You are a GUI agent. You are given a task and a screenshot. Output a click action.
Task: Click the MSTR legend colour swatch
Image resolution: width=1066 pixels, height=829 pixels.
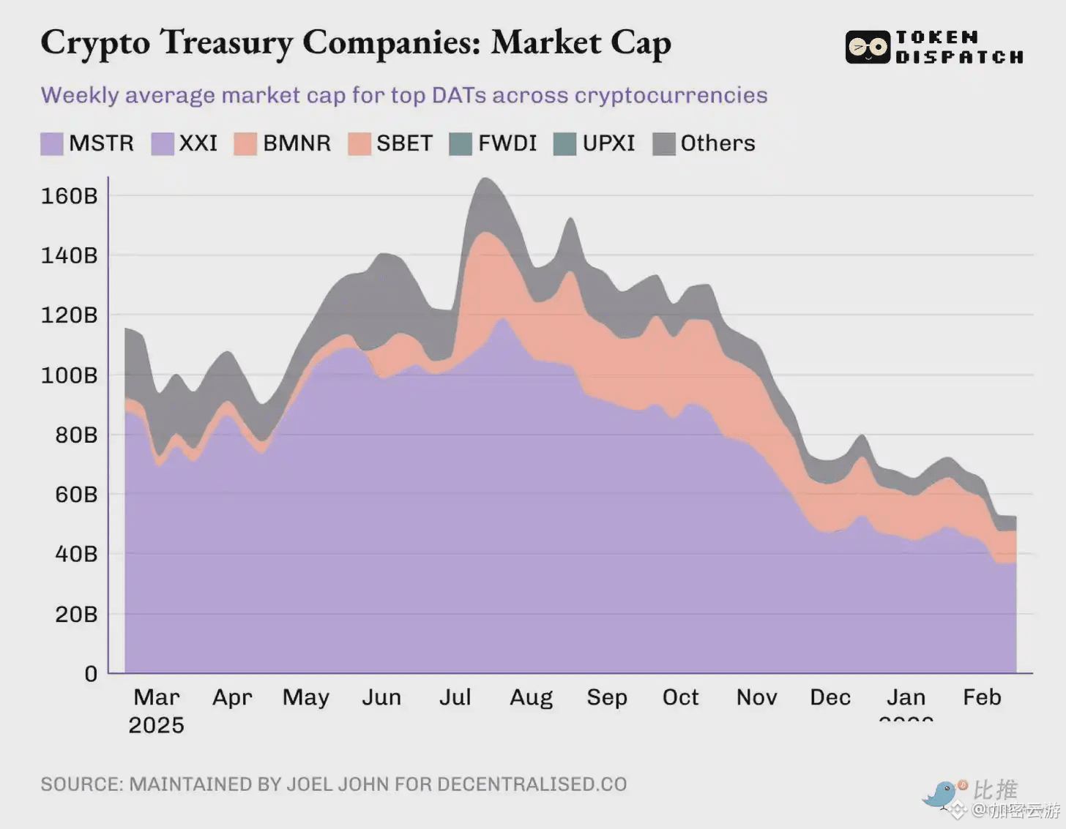point(52,143)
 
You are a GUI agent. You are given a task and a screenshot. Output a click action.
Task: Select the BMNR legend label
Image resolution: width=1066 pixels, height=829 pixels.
point(297,143)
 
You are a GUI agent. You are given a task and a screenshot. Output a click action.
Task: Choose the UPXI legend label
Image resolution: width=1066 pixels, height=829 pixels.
point(608,143)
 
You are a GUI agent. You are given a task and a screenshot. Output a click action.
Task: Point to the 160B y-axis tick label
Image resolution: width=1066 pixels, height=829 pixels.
point(69,196)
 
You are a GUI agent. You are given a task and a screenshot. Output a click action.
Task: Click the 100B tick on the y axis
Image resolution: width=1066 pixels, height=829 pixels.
point(69,375)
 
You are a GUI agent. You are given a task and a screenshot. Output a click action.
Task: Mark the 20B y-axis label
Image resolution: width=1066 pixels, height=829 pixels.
point(76,614)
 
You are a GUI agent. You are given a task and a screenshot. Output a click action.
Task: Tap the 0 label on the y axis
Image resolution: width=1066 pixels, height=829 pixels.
point(91,673)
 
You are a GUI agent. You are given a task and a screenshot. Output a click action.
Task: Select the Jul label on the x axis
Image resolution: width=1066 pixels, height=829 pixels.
point(455,697)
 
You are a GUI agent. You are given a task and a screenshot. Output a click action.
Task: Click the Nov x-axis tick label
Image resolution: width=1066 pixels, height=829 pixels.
point(756,697)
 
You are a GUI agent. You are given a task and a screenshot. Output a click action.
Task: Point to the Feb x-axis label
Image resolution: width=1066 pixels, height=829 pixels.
point(982,697)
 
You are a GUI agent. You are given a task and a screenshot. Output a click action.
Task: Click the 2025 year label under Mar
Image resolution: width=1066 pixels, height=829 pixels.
point(156,725)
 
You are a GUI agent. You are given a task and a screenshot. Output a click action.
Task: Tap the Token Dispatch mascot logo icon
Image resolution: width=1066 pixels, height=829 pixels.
point(868,48)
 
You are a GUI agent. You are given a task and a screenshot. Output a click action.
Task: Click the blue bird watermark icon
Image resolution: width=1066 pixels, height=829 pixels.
point(940,793)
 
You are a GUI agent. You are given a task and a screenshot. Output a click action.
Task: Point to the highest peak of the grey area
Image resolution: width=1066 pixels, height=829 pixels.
point(484,179)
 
